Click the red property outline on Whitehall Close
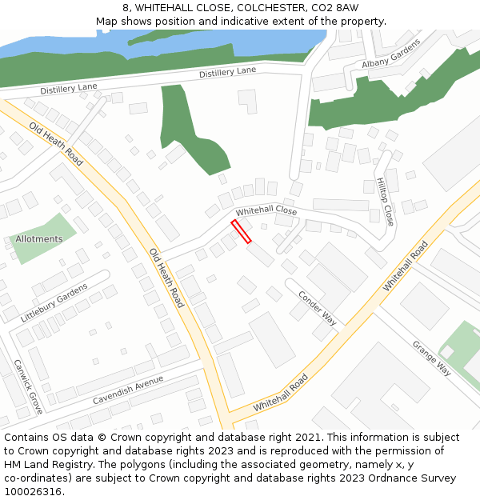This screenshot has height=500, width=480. (x=241, y=231)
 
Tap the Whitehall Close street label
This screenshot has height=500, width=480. (x=266, y=211)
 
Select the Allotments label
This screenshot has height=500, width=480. (x=39, y=239)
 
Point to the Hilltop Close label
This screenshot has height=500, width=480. (x=384, y=202)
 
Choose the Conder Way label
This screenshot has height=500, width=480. (x=317, y=307)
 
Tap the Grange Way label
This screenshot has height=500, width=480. (x=431, y=358)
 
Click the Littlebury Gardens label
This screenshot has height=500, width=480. (x=54, y=303)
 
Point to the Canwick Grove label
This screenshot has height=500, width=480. (x=28, y=386)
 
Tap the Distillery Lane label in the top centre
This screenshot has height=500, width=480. (x=227, y=71)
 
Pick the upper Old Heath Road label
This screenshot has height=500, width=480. (x=56, y=144)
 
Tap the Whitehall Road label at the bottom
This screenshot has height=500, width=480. (x=280, y=394)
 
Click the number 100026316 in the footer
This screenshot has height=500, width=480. (x=33, y=491)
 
